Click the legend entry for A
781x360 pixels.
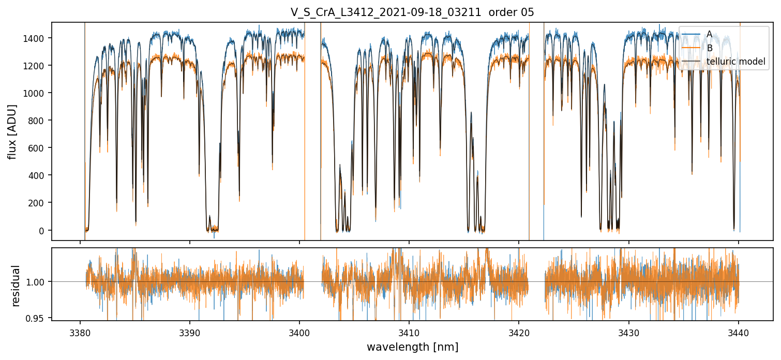[x=709, y=34]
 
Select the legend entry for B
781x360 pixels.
[x=709, y=48]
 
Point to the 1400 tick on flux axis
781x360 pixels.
[x=37, y=38]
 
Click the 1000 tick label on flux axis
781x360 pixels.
[x=37, y=93]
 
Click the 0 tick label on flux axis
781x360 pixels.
[x=43, y=230]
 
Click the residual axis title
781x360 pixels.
[x=16, y=286]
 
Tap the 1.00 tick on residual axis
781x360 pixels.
[x=38, y=282]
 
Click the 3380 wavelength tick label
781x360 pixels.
[x=80, y=332]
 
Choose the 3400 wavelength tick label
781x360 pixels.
[x=299, y=332]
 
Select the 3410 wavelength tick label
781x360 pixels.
[x=409, y=332]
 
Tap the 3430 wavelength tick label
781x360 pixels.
[x=628, y=332]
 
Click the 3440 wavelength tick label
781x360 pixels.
[x=739, y=332]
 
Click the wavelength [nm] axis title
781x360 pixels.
[x=412, y=347]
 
